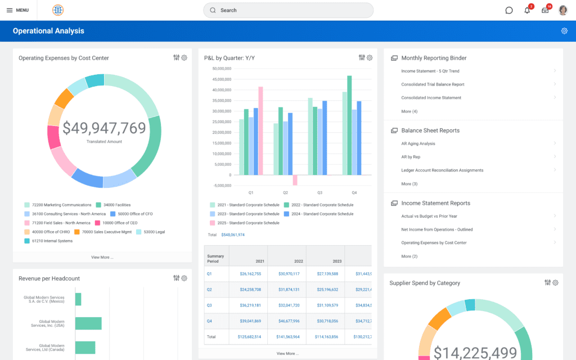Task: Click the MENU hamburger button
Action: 17,10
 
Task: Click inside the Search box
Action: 288,10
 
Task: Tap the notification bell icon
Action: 527,10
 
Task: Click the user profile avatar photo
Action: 563,10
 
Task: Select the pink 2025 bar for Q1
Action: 260,130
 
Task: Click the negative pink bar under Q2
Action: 295,180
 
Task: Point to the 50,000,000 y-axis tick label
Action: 222,69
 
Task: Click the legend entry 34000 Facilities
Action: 116,205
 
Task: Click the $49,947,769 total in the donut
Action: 104,128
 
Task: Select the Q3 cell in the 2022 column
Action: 289,305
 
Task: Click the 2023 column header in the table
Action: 337,261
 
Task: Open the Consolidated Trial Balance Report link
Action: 433,84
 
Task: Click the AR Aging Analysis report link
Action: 418,143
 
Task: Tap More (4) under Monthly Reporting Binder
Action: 409,111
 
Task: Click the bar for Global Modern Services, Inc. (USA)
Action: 88,323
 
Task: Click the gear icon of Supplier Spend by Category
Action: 555,282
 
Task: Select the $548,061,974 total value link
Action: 232,235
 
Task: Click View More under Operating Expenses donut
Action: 102,257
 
